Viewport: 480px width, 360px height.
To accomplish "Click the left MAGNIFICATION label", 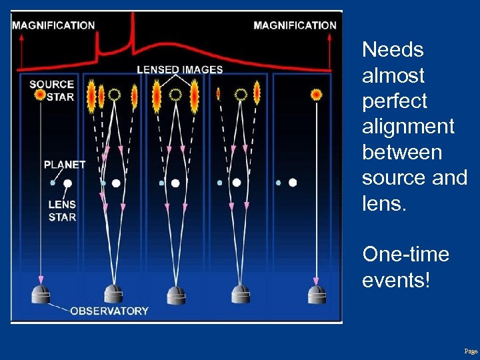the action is click(53, 25).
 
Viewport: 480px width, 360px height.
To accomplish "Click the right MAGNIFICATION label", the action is click(295, 25).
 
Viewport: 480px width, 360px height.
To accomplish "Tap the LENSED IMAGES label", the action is click(180, 69).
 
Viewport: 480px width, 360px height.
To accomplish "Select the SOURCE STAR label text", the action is click(51, 90).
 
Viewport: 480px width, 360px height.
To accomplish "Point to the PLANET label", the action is click(65, 164).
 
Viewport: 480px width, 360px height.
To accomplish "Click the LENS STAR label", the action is click(62, 211).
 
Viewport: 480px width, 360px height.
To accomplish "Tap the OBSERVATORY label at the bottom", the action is click(109, 311).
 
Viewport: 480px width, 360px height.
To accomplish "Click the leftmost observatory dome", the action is click(41, 294).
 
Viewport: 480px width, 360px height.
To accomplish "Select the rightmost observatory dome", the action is click(316, 294).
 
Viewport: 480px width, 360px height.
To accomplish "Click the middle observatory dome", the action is click(176, 294).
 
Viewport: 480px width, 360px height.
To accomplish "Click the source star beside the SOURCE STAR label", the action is click(40, 95).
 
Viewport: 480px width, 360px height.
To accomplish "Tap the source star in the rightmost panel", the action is click(316, 95).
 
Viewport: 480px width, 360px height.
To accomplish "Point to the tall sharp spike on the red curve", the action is click(133, 30).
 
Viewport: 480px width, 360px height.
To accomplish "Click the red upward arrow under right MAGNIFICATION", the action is click(329, 47).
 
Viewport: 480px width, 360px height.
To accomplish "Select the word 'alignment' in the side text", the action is click(408, 126).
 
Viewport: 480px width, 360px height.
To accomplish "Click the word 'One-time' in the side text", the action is click(405, 255).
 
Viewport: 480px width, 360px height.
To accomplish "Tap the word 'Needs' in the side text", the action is click(393, 49).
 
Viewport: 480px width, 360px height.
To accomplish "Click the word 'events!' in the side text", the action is click(396, 281).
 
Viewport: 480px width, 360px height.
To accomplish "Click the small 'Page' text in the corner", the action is click(471, 351).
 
